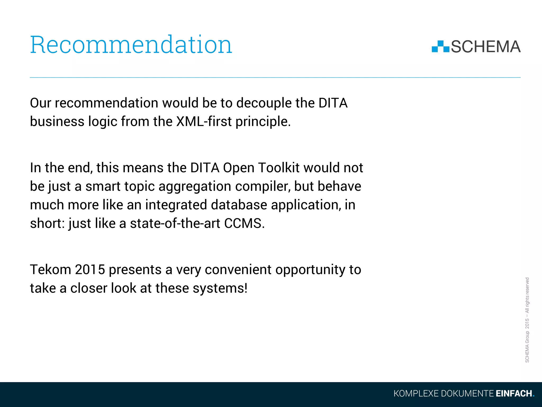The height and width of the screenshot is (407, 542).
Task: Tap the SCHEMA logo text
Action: click(x=486, y=47)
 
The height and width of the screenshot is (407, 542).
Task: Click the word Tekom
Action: click(x=51, y=270)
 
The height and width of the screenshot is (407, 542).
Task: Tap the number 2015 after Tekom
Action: click(x=90, y=270)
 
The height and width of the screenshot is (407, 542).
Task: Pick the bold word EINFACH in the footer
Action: click(x=514, y=393)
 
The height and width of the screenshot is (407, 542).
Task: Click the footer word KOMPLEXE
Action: click(x=416, y=393)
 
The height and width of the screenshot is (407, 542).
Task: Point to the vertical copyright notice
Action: click(x=527, y=320)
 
